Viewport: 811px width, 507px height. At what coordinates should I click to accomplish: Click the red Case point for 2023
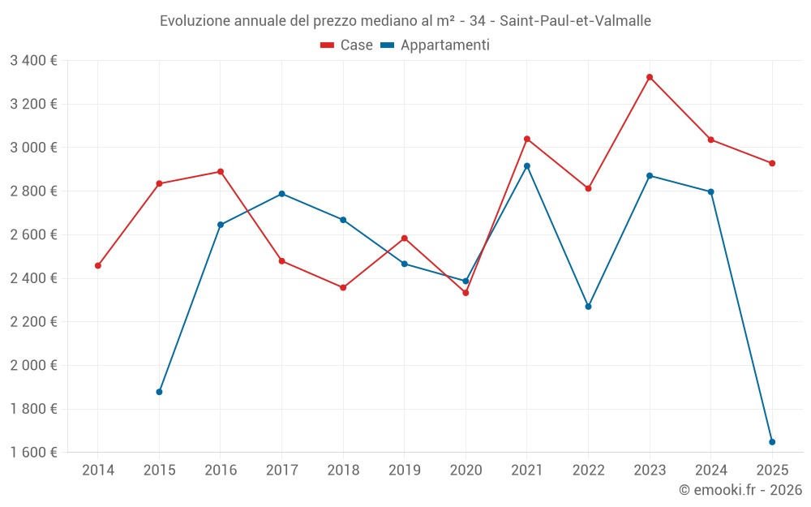click(650, 77)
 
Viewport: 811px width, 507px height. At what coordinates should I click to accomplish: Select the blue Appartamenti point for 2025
click(772, 442)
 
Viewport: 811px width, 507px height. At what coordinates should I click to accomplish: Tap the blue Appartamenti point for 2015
click(159, 392)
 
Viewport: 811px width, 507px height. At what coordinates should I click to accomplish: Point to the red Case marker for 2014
click(98, 265)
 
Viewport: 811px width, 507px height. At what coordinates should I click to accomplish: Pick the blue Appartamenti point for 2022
click(588, 307)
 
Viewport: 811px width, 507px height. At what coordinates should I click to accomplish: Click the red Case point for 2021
click(527, 139)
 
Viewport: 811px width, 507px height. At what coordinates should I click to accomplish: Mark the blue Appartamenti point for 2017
click(281, 194)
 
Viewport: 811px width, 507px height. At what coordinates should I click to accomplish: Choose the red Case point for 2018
click(343, 287)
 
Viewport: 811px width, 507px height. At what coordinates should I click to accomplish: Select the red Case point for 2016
click(221, 172)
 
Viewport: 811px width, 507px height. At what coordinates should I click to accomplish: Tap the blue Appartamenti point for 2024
click(710, 192)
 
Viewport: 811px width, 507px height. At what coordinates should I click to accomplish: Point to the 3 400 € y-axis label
click(33, 60)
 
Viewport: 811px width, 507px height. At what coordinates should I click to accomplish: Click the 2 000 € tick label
click(33, 365)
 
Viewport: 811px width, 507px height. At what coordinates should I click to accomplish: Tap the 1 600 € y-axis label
click(33, 453)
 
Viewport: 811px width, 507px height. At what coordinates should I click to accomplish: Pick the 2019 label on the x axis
click(404, 470)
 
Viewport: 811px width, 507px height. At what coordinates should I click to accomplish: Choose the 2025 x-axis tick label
click(772, 470)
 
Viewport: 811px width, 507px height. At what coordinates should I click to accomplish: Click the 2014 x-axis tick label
click(98, 470)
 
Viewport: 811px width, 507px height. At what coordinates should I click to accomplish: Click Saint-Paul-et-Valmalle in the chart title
click(571, 21)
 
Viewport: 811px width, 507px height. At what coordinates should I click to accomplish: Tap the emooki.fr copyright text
click(740, 490)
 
